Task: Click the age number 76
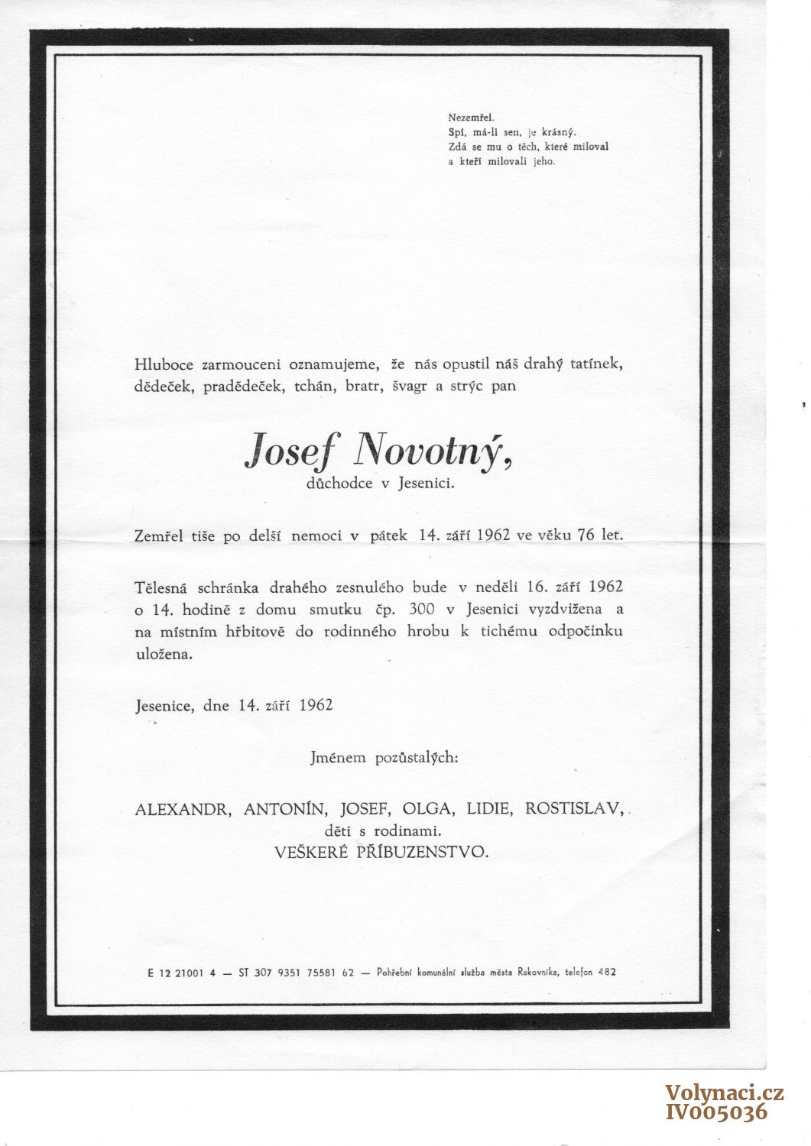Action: click(586, 536)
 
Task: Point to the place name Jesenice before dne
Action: click(164, 705)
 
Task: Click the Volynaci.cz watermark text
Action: click(724, 1093)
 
